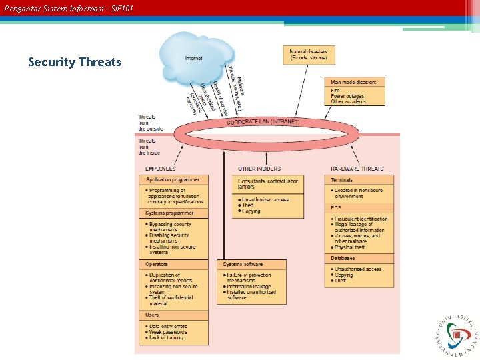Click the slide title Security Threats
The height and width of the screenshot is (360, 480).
75,62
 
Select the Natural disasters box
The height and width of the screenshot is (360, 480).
309,55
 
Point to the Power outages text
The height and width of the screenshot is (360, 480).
347,96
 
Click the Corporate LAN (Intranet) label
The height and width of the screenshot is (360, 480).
263,122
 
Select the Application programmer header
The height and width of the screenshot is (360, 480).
173,180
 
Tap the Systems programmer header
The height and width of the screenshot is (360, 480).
169,213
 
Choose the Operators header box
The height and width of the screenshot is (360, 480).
157,265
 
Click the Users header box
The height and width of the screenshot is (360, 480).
153,315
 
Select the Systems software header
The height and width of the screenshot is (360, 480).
243,265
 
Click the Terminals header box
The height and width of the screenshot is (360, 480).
342,180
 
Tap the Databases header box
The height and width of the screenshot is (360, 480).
343,258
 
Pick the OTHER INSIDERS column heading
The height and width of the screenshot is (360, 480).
259,169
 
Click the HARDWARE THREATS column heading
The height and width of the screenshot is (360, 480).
357,169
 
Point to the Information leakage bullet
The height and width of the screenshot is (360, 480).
252,287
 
